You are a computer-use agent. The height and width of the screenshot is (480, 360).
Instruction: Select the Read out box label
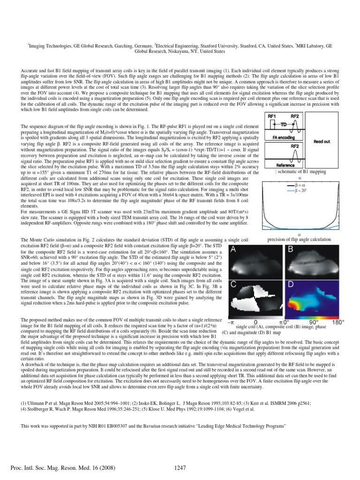pos(321,141)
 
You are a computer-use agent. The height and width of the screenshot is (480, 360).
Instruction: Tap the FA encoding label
pos(284,138)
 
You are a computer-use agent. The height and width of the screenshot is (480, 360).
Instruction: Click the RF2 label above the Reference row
pos(295,146)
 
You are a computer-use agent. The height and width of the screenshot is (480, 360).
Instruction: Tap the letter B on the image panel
pos(291,250)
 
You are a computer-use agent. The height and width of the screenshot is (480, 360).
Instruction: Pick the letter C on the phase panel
pos(233,285)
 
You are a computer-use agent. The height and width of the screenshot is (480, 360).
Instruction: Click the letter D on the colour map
pos(291,285)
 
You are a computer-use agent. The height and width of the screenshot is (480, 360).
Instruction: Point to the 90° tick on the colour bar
pos(314,323)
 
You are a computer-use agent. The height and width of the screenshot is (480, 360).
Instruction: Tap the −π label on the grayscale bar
pos(230,323)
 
